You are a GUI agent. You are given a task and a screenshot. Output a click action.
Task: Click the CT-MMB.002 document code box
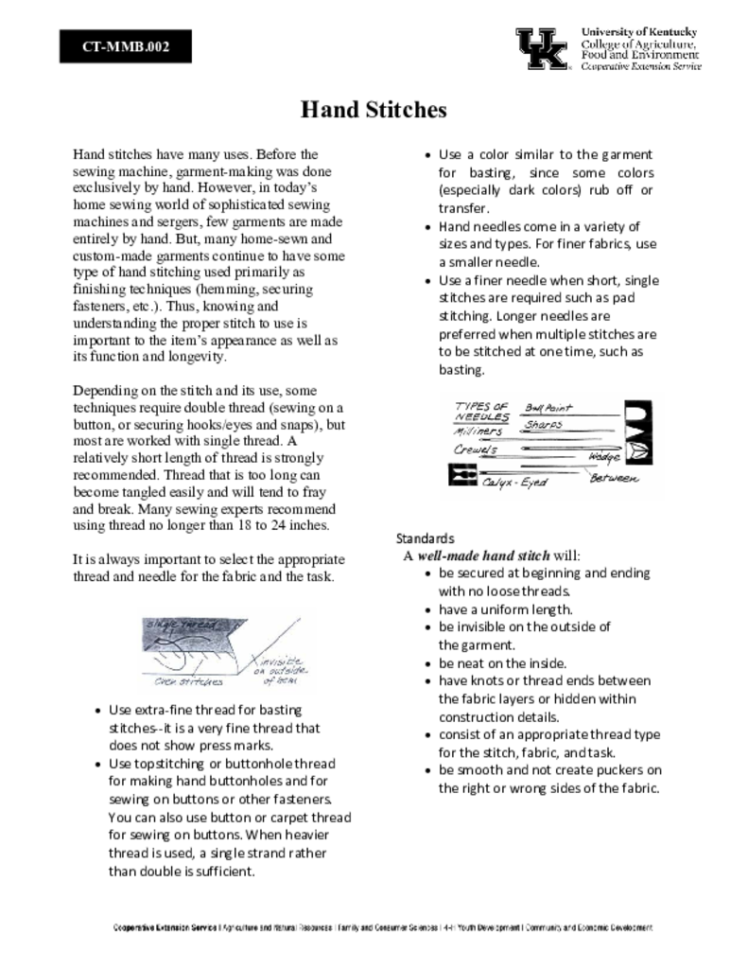[x=126, y=46]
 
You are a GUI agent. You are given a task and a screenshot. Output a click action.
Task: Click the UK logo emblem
[x=542, y=48]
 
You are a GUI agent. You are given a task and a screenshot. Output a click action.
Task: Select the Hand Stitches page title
[x=374, y=110]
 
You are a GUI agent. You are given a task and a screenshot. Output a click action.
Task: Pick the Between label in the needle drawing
[x=615, y=479]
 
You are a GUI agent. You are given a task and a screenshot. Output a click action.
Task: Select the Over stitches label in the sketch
[x=189, y=680]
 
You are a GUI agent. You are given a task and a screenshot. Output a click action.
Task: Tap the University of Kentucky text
[x=639, y=32]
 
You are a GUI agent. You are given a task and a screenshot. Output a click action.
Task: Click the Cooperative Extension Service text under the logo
[x=640, y=67]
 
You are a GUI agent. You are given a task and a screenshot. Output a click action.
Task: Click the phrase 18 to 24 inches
[x=285, y=525]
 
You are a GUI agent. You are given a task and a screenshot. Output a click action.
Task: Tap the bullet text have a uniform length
[x=505, y=609]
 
